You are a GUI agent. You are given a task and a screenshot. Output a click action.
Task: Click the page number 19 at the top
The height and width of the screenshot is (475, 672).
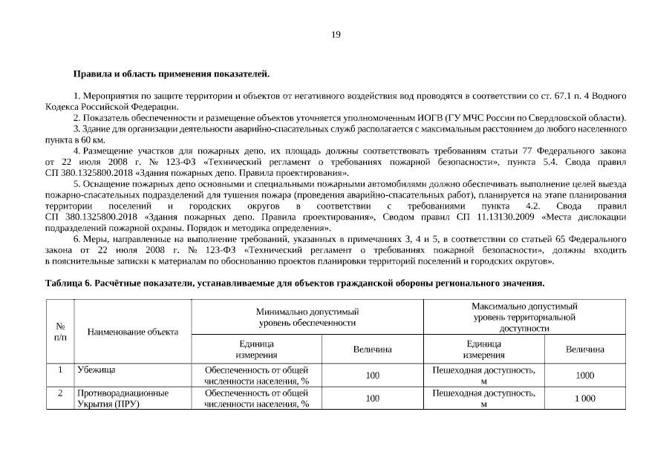coord(336,35)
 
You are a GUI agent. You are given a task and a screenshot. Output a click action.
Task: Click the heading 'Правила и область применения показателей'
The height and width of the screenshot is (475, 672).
coord(171,74)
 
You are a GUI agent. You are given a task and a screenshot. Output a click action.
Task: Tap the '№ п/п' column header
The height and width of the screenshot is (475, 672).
coord(60,330)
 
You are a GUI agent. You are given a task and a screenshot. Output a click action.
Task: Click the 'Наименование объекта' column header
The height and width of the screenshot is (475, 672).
coord(133,332)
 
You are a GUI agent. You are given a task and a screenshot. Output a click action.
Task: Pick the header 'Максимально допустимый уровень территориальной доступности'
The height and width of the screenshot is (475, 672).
coord(524,316)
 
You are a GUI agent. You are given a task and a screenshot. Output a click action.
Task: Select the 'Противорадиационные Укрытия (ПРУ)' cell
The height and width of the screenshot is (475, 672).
coord(123,399)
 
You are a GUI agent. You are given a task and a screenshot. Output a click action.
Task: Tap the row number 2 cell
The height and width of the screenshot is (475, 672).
coord(60,393)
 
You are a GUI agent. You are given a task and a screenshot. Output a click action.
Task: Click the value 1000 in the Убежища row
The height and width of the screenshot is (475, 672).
coord(585,376)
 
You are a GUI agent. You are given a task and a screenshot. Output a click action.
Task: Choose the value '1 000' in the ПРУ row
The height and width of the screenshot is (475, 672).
coord(585,399)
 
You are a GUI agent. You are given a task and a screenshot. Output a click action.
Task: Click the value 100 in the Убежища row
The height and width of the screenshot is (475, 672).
coord(373,376)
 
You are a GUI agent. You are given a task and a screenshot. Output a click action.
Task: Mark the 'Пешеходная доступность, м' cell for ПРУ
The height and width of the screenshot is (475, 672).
coord(484,399)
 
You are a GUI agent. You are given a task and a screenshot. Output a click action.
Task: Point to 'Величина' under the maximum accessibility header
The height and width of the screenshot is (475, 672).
coord(585,349)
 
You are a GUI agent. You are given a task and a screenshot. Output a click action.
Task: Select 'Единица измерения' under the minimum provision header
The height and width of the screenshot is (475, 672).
coord(256,349)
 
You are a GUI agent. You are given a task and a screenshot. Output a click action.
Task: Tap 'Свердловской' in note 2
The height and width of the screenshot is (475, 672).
coord(577,118)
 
